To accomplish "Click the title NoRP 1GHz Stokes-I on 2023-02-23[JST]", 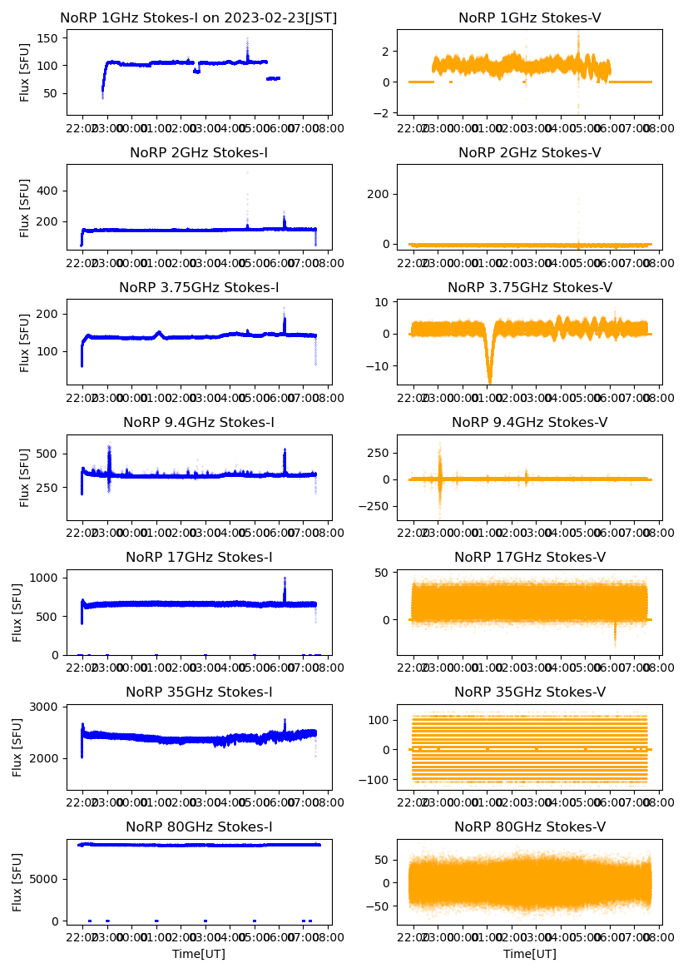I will click(199, 17).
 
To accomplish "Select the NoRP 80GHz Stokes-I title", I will click(199, 827).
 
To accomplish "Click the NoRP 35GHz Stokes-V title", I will click(530, 692).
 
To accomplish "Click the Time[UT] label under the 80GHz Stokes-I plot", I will click(199, 954).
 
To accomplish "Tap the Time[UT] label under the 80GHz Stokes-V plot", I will click(530, 954).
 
